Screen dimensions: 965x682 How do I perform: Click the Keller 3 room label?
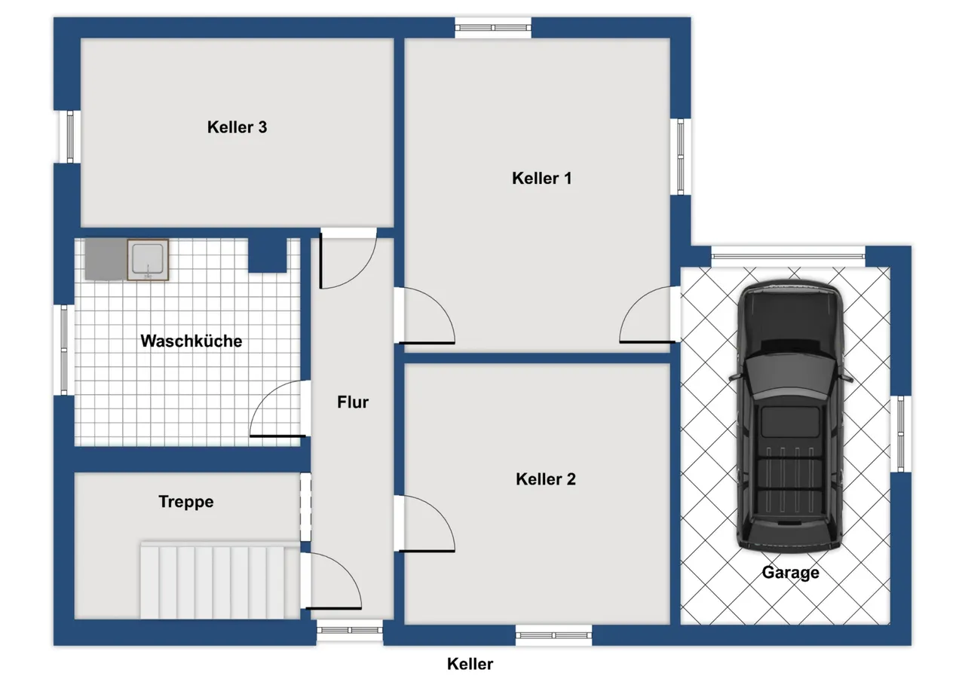[237, 127]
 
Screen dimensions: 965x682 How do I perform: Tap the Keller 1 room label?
[541, 179]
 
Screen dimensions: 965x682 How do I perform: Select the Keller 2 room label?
[545, 479]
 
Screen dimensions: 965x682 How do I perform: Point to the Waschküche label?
[191, 341]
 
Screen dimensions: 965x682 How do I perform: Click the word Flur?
[353, 402]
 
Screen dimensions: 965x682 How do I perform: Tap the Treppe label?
[186, 502]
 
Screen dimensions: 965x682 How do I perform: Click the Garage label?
[791, 573]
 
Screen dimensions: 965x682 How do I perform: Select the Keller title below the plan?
[470, 664]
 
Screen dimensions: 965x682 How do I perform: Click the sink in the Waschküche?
[148, 260]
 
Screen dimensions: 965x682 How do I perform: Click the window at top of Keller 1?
[493, 28]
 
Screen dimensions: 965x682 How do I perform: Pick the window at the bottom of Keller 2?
[553, 635]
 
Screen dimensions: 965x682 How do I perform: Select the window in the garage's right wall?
[901, 433]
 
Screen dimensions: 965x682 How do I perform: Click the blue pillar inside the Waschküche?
[268, 255]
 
